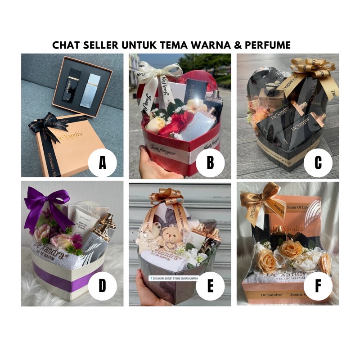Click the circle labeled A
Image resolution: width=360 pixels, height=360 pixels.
click(102, 162)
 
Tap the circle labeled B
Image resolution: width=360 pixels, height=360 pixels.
click(210, 162)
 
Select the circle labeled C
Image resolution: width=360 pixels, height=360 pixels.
click(318, 162)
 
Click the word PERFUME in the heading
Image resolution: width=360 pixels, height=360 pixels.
click(268, 45)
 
